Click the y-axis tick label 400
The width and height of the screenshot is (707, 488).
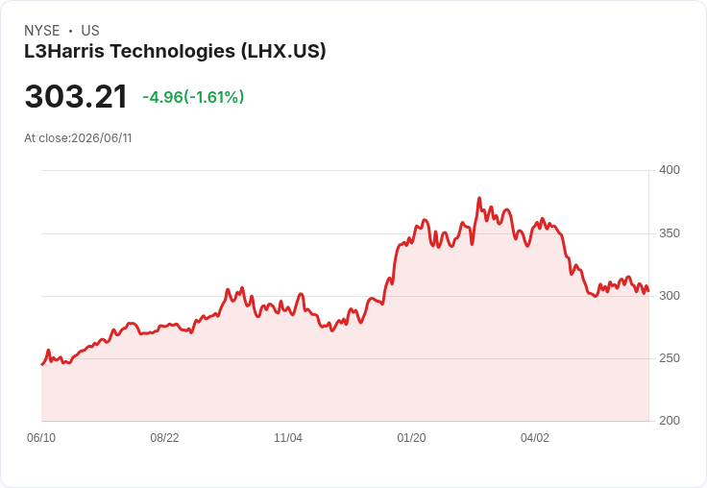(x=670, y=170)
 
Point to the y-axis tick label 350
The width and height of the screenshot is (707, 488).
(x=670, y=233)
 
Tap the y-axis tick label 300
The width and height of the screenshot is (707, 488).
(x=670, y=296)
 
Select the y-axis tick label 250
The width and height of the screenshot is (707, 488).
(x=670, y=358)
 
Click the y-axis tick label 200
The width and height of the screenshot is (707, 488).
(x=670, y=421)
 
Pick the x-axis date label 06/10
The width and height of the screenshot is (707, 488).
(x=41, y=437)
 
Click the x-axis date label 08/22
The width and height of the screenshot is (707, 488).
(x=164, y=437)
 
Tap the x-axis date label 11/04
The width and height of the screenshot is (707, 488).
(x=288, y=437)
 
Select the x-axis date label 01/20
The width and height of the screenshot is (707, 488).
(x=411, y=437)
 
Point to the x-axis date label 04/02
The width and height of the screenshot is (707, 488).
(x=535, y=437)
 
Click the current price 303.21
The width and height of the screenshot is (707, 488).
(x=76, y=96)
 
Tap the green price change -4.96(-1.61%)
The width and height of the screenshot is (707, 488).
(x=193, y=97)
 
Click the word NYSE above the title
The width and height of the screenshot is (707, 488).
(x=42, y=31)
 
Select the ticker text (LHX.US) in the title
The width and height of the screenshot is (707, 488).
(x=283, y=51)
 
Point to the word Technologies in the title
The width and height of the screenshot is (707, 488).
(x=173, y=52)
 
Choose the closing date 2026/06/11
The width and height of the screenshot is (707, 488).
(x=102, y=138)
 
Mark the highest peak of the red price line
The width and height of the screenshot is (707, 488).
(x=479, y=198)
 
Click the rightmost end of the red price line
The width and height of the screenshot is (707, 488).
(x=648, y=291)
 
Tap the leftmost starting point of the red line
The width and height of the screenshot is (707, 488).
(x=42, y=364)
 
